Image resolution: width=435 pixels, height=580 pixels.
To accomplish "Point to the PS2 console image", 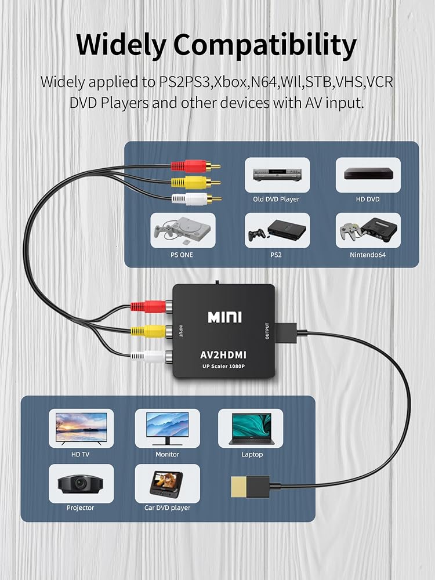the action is pyautogui.click(x=277, y=230).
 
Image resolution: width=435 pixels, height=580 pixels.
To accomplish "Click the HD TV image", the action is pyautogui.click(x=81, y=429).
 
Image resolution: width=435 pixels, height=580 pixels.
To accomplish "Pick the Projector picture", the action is pyautogui.click(x=81, y=484).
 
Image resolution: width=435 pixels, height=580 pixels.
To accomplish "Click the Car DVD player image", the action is pyautogui.click(x=168, y=484).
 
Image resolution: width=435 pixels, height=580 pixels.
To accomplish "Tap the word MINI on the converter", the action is pyautogui.click(x=224, y=317).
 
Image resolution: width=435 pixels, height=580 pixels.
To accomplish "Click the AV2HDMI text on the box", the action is pyautogui.click(x=223, y=355).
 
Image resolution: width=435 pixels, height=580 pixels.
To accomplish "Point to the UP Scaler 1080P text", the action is pyautogui.click(x=223, y=367).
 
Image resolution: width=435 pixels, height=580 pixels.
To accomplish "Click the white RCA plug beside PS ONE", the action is pyautogui.click(x=197, y=200).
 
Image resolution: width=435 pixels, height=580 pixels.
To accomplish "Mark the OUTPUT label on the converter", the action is pyautogui.click(x=267, y=331).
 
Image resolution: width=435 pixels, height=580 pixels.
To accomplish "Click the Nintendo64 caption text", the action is pyautogui.click(x=368, y=255).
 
